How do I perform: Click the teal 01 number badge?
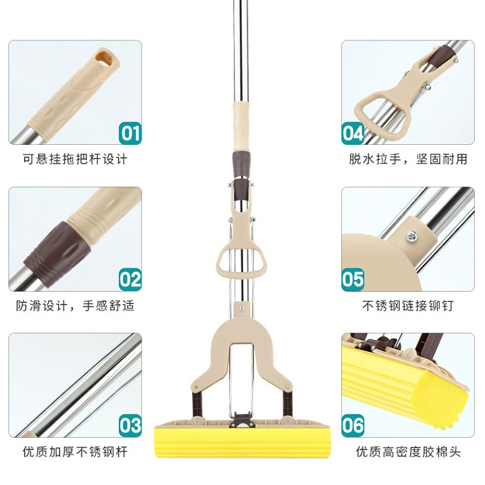click(130, 133)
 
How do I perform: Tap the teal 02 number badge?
click(130, 279)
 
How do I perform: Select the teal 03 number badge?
click(130, 426)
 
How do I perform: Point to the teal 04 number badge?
click(352, 133)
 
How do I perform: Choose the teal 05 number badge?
click(352, 279)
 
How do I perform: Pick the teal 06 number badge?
click(352, 426)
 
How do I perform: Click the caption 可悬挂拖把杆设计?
click(75, 159)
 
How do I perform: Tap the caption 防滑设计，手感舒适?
click(75, 306)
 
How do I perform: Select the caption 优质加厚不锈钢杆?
click(75, 452)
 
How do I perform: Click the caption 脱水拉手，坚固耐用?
click(408, 159)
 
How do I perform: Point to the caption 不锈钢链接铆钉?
click(408, 306)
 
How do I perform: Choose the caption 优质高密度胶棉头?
click(408, 452)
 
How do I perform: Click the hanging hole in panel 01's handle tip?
click(104, 58)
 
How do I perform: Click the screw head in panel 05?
click(412, 236)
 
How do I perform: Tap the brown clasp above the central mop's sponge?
click(242, 420)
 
